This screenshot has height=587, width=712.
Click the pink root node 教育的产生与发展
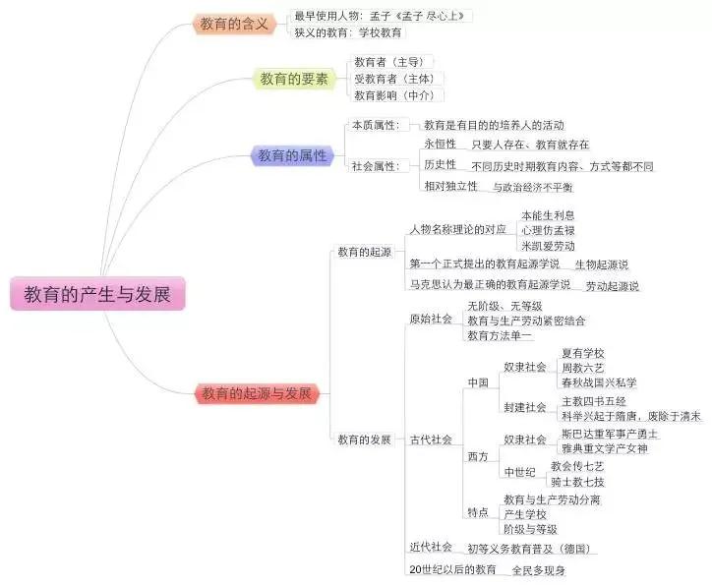click(x=97, y=294)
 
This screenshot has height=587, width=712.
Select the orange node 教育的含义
click(x=234, y=24)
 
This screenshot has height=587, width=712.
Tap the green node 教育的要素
click(x=294, y=79)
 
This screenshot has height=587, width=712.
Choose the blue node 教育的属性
click(x=292, y=155)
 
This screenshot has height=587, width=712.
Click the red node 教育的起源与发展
click(x=257, y=393)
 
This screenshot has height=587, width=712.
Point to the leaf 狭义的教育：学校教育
click(x=348, y=32)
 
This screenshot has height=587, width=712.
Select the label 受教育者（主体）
click(x=394, y=79)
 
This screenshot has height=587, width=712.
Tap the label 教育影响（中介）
click(x=394, y=95)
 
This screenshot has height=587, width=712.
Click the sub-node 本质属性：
click(x=376, y=125)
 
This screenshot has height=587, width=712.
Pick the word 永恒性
click(x=440, y=144)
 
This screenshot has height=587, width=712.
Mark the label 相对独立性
click(x=451, y=186)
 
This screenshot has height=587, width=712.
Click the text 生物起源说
click(x=602, y=264)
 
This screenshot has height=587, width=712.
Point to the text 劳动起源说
click(x=612, y=286)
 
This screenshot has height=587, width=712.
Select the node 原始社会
click(x=431, y=319)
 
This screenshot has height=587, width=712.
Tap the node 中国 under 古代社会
click(x=478, y=382)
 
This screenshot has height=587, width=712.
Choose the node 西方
click(x=478, y=456)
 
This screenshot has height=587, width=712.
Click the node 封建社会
click(x=525, y=407)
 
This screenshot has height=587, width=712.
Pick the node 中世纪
click(x=520, y=472)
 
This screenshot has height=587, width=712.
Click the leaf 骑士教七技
click(x=577, y=482)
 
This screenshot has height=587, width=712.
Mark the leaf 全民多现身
click(x=539, y=570)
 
